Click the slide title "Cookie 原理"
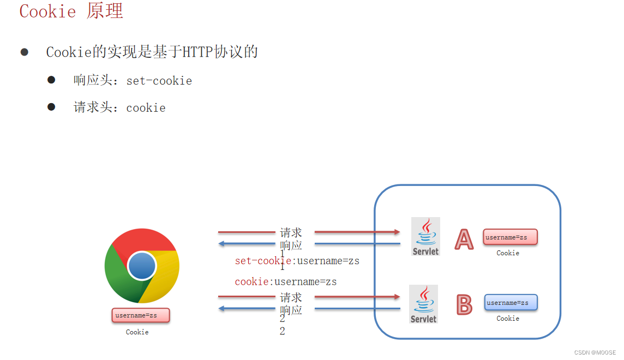[x=71, y=11]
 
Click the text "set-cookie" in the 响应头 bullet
[x=159, y=81]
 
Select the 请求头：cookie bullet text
[x=119, y=107]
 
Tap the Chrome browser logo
[x=142, y=266]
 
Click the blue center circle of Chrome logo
[x=142, y=266]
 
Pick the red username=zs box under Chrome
[x=141, y=315]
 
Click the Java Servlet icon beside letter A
[x=425, y=236]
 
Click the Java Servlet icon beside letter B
[x=424, y=303]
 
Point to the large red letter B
[x=464, y=305]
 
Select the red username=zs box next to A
[x=510, y=237]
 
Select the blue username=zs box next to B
[x=511, y=303]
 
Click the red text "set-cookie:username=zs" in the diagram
[x=297, y=261]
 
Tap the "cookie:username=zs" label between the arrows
[x=286, y=282]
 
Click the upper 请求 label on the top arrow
[x=291, y=233]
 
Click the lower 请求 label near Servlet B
[x=291, y=297]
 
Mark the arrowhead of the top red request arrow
[x=397, y=232]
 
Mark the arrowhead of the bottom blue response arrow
[x=222, y=309]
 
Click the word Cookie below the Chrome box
[x=137, y=332]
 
